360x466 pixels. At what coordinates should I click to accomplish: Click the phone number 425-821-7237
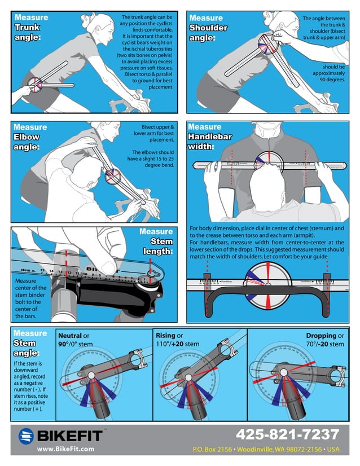pyautogui.click(x=287, y=435)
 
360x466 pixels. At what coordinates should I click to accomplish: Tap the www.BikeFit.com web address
pyautogui.click(x=65, y=449)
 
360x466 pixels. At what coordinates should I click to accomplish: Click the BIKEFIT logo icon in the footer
pyautogui.click(x=27, y=436)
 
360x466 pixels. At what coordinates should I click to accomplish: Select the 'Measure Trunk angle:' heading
pyautogui.click(x=31, y=27)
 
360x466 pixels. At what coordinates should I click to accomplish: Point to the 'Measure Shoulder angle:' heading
pyautogui.click(x=209, y=28)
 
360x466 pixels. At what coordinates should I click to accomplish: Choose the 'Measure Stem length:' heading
pyautogui.click(x=156, y=241)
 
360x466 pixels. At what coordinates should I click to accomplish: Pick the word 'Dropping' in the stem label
pyautogui.click(x=321, y=336)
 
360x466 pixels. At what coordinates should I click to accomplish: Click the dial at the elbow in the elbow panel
pyautogui.click(x=112, y=175)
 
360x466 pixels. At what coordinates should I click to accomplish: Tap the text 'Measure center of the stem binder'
pyautogui.click(x=27, y=288)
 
